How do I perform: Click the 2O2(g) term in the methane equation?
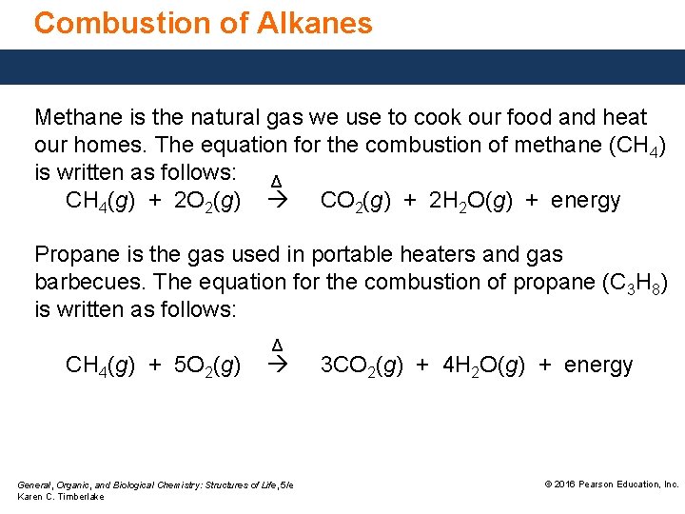coord(206,200)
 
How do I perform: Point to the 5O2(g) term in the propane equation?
coord(206,365)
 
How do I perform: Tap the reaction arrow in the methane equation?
coord(277,201)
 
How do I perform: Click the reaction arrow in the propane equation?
coord(277,366)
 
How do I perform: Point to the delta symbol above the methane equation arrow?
coord(276,182)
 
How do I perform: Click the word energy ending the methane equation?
coord(585,200)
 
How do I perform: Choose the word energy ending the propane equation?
coord(598,365)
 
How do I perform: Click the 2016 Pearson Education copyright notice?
coord(611,484)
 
